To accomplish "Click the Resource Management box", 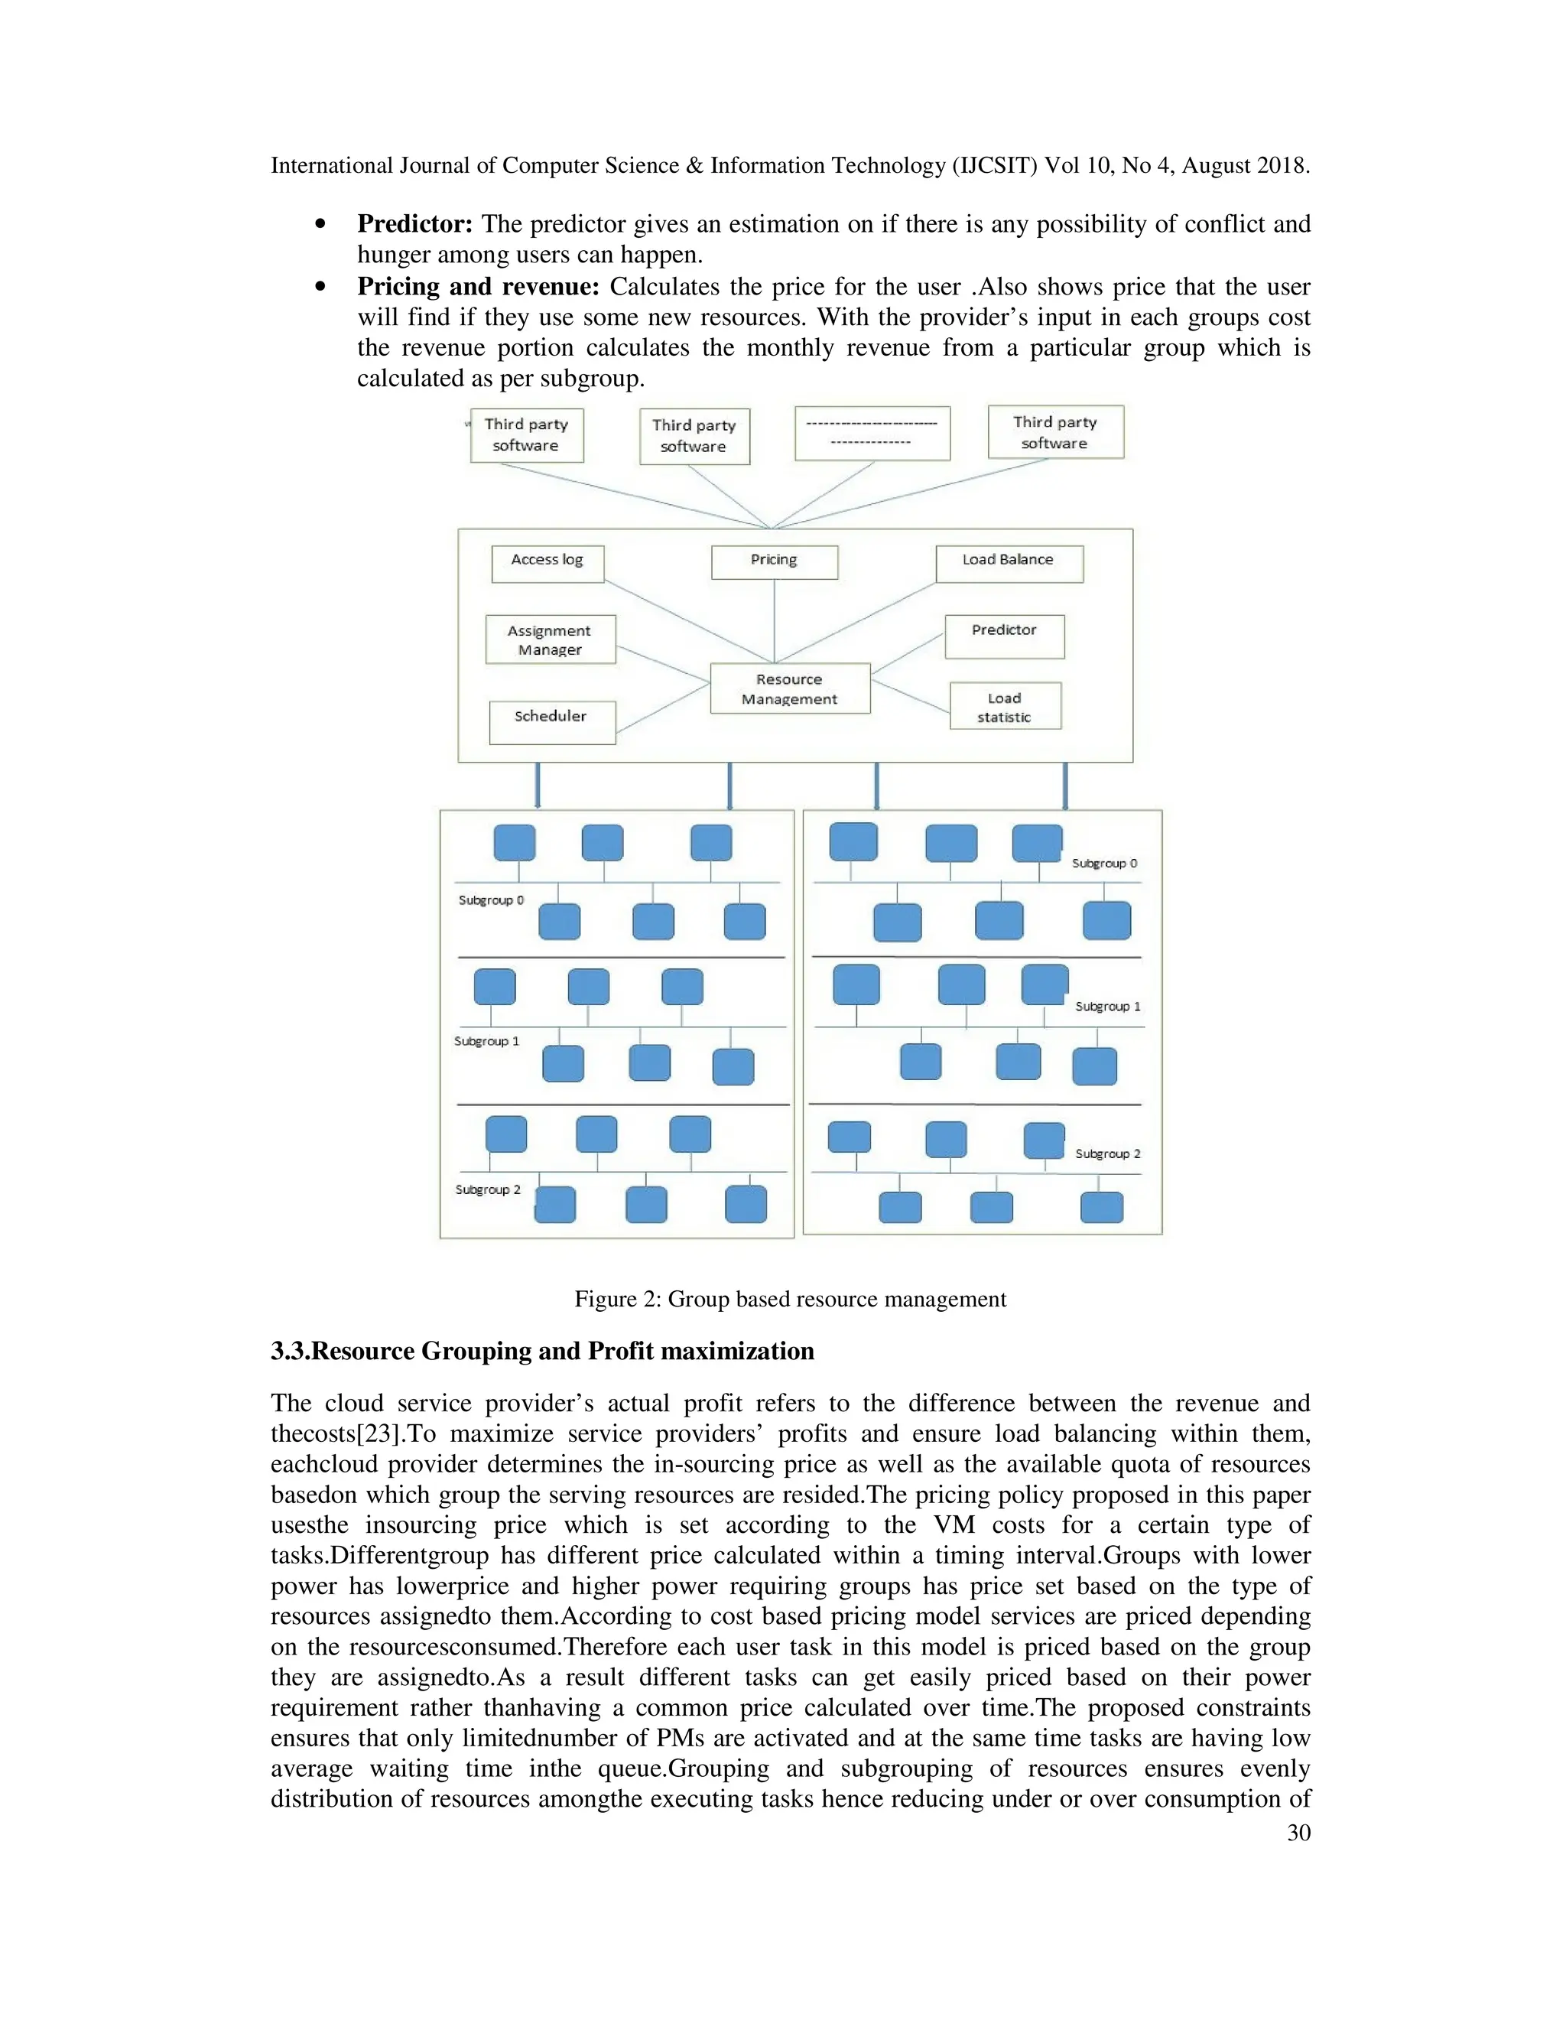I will coord(789,688).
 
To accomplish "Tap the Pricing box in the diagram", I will coord(774,561).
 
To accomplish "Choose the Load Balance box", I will coord(1009,564).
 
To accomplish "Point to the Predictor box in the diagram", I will coord(1004,636).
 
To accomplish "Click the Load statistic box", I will coord(1005,706).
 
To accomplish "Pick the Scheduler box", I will coord(552,721).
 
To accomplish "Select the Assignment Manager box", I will coord(550,639).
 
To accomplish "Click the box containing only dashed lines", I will coord(872,432).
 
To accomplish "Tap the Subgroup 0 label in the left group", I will coord(491,900).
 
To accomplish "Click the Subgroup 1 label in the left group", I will coord(486,1041).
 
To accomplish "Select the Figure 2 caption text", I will coord(789,1299).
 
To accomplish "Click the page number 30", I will coord(1299,1832).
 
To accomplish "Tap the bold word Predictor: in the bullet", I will coord(414,223).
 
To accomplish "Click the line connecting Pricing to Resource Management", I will coord(775,620).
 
